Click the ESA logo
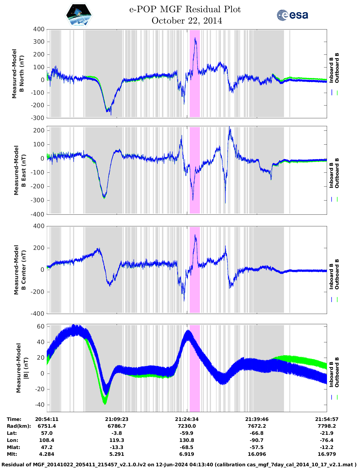tap(292, 15)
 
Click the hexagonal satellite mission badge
tap(79, 15)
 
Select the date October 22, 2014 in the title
tap(187, 21)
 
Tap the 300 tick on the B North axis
tap(39, 42)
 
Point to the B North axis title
tap(18, 73)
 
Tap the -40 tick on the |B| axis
tap(39, 405)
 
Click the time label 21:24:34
tap(187, 419)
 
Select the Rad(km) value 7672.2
tap(257, 426)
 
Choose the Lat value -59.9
tap(187, 433)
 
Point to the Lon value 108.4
tap(47, 440)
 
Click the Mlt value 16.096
tap(257, 454)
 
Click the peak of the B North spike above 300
tap(195, 38)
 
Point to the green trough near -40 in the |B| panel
tap(105, 402)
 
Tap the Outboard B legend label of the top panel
tap(337, 68)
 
